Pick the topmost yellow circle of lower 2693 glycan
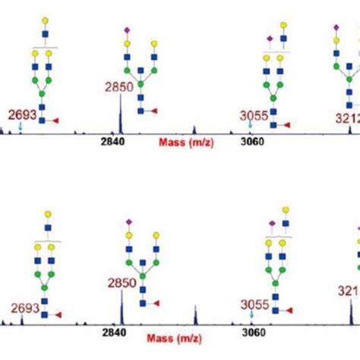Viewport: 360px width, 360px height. coord(48,214)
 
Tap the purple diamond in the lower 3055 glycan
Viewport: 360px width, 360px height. coord(271,223)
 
